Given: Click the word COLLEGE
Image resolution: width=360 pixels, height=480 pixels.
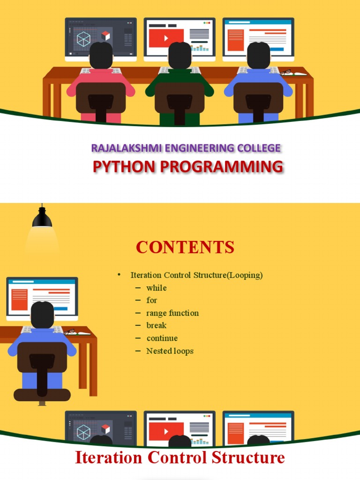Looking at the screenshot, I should click(259, 148).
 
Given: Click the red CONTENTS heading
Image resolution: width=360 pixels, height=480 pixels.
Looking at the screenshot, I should click(185, 247).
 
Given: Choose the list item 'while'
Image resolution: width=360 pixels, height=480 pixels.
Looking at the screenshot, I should click(156, 288).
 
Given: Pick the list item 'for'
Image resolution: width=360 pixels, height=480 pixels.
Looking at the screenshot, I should click(151, 300).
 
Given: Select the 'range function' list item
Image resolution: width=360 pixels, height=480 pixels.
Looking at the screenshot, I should click(172, 313).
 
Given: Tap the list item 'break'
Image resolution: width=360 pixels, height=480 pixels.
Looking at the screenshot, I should click(156, 325).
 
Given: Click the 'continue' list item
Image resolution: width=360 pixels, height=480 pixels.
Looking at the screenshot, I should click(162, 338).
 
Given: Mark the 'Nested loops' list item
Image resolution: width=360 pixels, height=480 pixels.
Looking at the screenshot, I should click(170, 351).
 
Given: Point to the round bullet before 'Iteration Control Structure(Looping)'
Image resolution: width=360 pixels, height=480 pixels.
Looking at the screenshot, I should click(119, 275).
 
